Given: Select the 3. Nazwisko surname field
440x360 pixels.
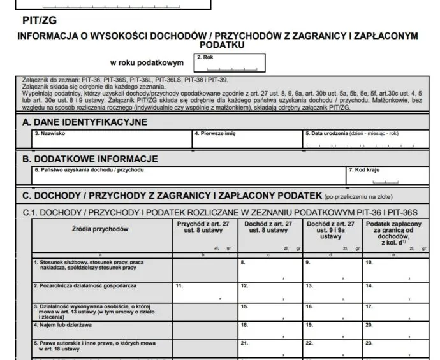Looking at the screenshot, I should (x=111, y=140).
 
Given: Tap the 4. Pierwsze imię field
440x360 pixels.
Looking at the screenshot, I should (x=247, y=140).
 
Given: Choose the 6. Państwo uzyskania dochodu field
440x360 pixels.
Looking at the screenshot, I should (x=188, y=176).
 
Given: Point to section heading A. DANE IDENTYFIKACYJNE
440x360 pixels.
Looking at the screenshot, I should (x=85, y=122).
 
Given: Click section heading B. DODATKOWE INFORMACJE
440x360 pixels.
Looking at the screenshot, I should (x=90, y=159).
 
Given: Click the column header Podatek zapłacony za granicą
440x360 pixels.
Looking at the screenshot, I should (x=393, y=233).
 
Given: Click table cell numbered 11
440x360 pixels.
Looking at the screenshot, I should (x=204, y=292).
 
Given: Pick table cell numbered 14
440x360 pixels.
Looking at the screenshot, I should (x=393, y=292).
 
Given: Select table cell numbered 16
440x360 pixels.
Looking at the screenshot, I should (x=331, y=312).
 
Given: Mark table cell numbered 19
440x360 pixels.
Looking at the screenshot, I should (x=331, y=330).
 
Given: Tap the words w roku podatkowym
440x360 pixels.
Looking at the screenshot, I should (x=147, y=63).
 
